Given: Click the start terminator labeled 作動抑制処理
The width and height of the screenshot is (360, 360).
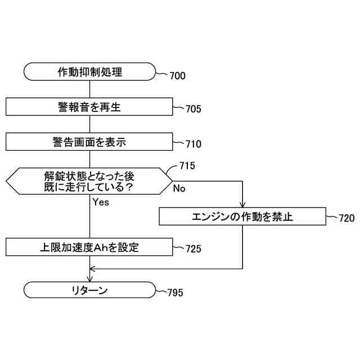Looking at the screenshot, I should pyautogui.click(x=89, y=71).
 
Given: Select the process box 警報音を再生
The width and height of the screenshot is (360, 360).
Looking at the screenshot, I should pyautogui.click(x=89, y=107).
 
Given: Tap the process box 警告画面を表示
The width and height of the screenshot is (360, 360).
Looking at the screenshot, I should pyautogui.click(x=89, y=142).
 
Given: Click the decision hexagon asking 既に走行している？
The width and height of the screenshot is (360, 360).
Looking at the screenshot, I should pyautogui.click(x=89, y=181).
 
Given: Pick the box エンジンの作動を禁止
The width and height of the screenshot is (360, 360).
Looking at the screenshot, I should pyautogui.click(x=242, y=216).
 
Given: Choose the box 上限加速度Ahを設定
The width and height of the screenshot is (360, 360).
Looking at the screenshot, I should pyautogui.click(x=89, y=247).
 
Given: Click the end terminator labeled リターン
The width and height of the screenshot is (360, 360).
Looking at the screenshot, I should pyautogui.click(x=89, y=290).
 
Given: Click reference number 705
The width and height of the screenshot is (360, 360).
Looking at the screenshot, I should pyautogui.click(x=193, y=109).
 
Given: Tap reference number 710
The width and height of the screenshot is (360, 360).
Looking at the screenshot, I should pyautogui.click(x=193, y=144).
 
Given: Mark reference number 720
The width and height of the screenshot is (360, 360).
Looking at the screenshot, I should pyautogui.click(x=347, y=219).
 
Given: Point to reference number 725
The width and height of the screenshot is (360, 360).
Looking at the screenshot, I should pyautogui.click(x=193, y=248).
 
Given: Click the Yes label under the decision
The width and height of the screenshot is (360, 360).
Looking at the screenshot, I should pyautogui.click(x=101, y=202).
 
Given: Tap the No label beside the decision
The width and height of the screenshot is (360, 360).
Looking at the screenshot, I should pyautogui.click(x=179, y=189).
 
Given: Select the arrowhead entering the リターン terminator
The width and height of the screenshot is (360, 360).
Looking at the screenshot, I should pyautogui.click(x=90, y=278).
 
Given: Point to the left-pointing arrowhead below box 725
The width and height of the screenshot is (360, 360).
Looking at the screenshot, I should pyautogui.click(x=93, y=269).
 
